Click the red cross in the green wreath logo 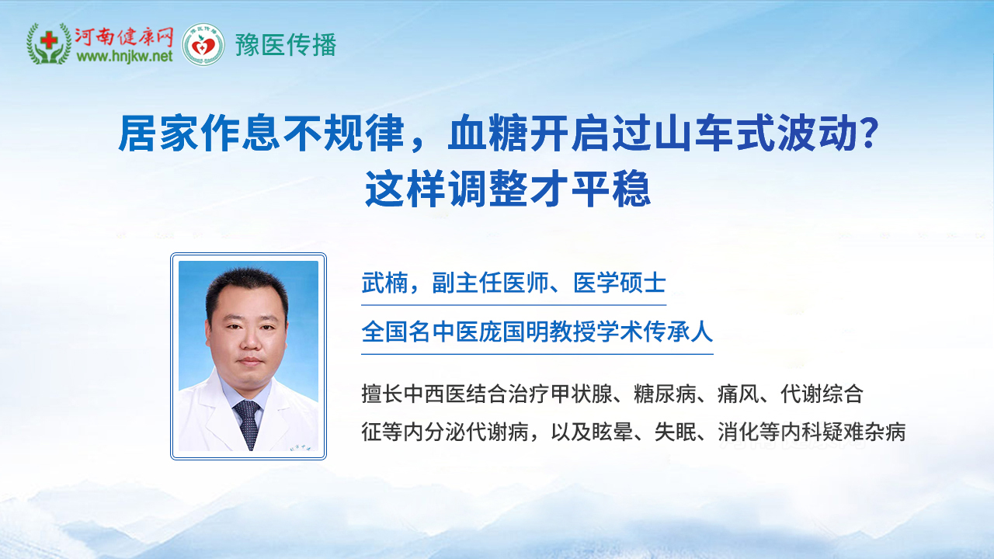pos(49,41)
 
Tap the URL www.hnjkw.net pos(124,57)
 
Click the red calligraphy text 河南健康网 pos(123,36)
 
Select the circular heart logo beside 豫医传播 pos(203,44)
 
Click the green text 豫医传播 pos(286,45)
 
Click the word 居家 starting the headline pos(158,133)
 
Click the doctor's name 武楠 pos(384,283)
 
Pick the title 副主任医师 pos(490,283)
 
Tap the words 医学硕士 pos(620,283)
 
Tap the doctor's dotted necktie pos(248,423)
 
